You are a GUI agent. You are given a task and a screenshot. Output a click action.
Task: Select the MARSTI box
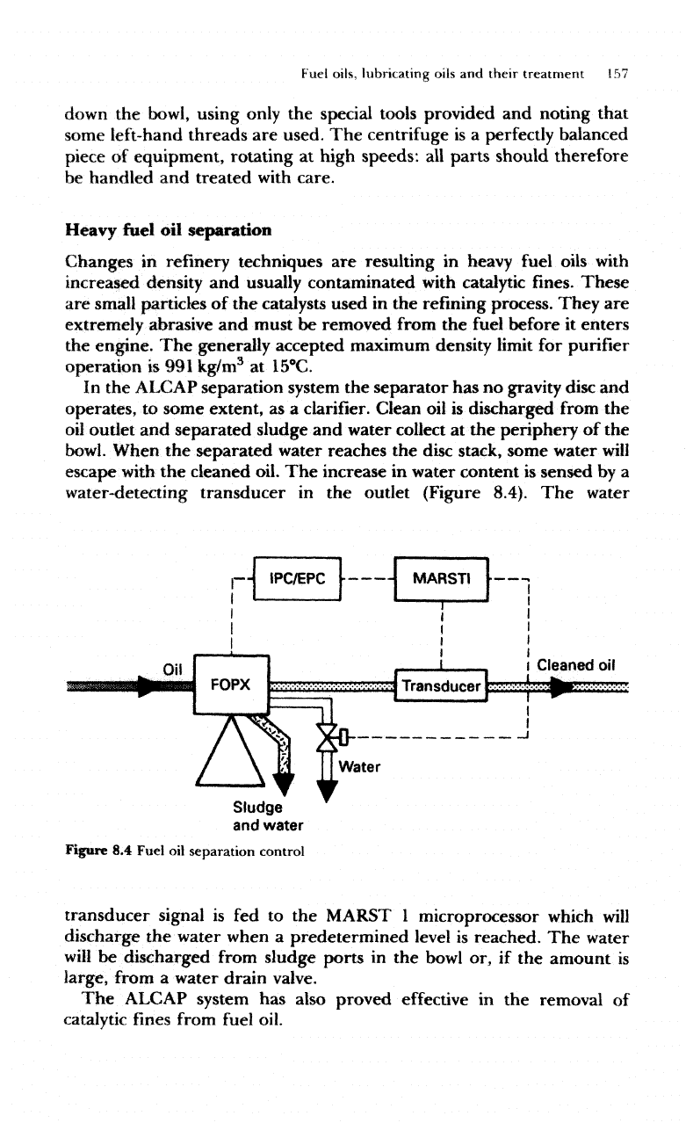pos(442,580)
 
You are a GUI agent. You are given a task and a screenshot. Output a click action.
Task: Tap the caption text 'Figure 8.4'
pos(97,851)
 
